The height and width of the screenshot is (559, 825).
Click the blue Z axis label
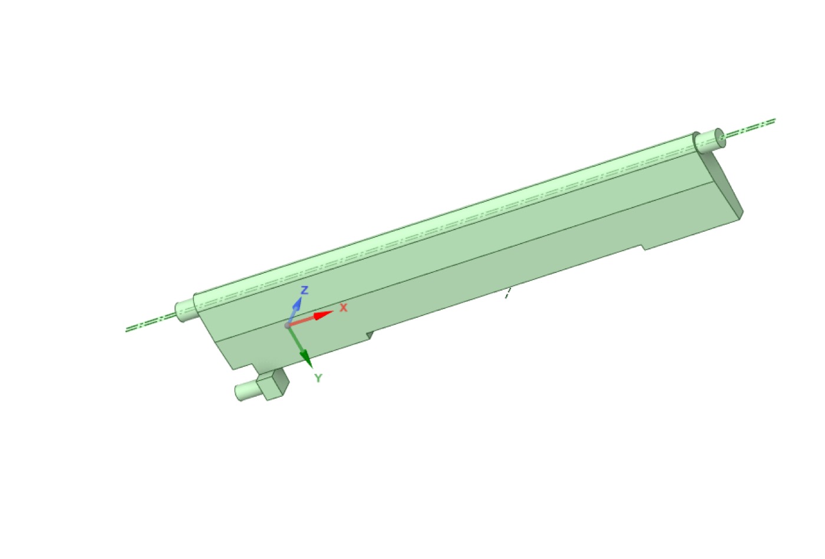(x=304, y=290)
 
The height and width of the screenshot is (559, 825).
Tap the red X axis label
(x=343, y=307)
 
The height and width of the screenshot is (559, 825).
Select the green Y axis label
(x=318, y=378)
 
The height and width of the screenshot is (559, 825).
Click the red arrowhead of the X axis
(x=323, y=315)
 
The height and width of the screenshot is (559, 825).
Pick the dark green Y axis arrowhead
(x=306, y=359)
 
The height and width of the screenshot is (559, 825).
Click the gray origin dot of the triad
(x=288, y=325)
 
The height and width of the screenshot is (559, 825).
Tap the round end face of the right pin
(x=720, y=137)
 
